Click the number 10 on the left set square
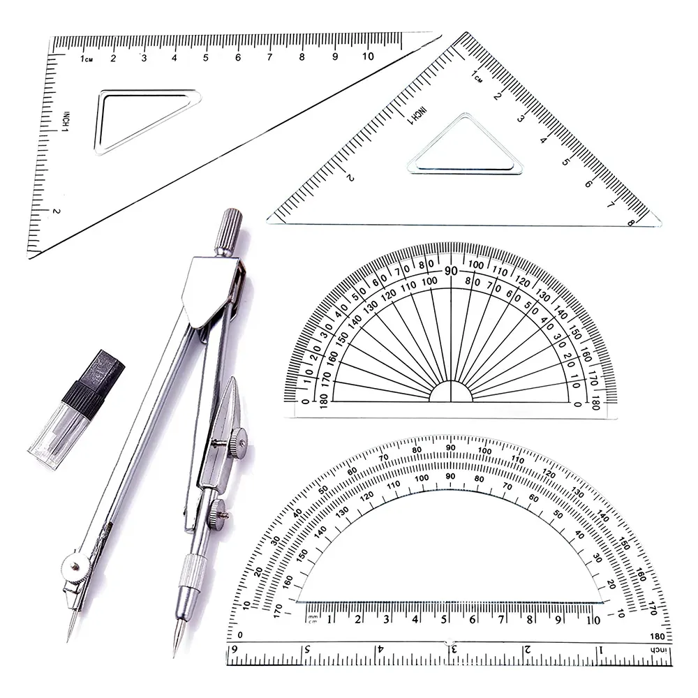pos(368,57)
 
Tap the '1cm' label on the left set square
pos(86,59)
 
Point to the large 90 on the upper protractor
pos(451,271)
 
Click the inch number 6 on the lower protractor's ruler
pos(234,650)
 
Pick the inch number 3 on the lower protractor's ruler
pos(454,650)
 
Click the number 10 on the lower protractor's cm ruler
pos(592,618)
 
